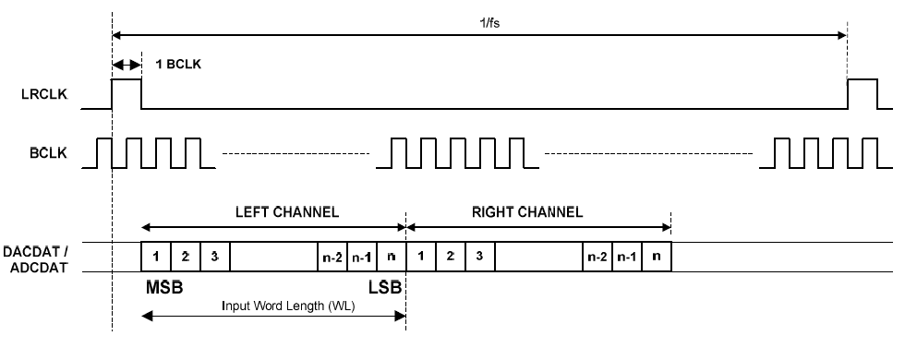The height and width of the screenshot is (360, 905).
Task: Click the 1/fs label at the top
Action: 489,23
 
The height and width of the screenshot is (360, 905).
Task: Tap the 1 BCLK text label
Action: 178,64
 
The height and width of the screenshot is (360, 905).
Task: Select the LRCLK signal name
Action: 44,94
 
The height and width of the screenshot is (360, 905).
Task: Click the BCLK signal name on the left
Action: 48,153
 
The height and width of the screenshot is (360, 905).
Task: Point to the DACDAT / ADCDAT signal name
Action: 36,259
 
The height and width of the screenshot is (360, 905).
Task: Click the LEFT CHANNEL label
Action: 287,211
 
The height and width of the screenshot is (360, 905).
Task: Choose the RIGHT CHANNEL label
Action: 527,211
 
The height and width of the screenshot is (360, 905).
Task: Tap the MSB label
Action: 164,287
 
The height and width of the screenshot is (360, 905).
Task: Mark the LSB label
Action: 385,287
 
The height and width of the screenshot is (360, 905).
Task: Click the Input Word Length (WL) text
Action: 288,306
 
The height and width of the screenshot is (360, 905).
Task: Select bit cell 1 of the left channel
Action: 156,257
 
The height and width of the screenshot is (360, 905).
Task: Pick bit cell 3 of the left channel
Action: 214,257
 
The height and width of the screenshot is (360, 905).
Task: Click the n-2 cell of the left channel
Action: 332,257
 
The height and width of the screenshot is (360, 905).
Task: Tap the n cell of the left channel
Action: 392,257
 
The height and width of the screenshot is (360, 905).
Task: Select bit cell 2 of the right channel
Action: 451,257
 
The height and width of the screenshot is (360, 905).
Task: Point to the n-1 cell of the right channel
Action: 627,257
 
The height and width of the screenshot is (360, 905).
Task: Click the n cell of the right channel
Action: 657,257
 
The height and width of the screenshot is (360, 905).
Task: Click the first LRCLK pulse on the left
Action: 127,79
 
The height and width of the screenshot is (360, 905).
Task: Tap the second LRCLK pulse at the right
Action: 863,79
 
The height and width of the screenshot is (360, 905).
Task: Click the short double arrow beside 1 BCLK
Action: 127,64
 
